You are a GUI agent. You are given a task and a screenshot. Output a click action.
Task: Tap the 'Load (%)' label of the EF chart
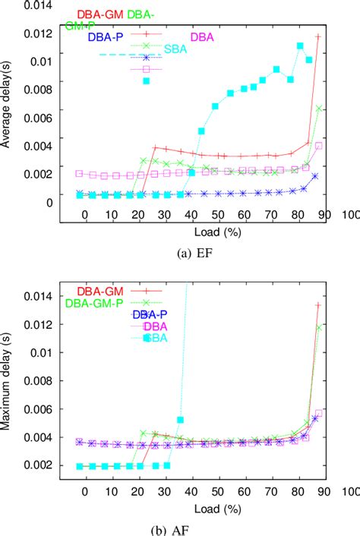point(191,231)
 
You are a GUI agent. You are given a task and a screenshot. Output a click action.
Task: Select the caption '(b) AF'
point(191,524)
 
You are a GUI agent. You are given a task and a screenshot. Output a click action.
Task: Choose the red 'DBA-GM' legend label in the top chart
point(102,14)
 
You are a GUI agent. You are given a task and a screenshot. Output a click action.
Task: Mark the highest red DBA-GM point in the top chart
point(318,36)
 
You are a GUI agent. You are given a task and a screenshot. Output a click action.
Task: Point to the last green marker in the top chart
point(320,109)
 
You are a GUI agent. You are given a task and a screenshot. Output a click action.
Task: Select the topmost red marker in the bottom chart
point(318,305)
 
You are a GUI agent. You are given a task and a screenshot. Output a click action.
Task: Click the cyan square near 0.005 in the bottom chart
point(180,420)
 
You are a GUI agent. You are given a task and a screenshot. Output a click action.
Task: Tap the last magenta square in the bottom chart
point(319,413)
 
